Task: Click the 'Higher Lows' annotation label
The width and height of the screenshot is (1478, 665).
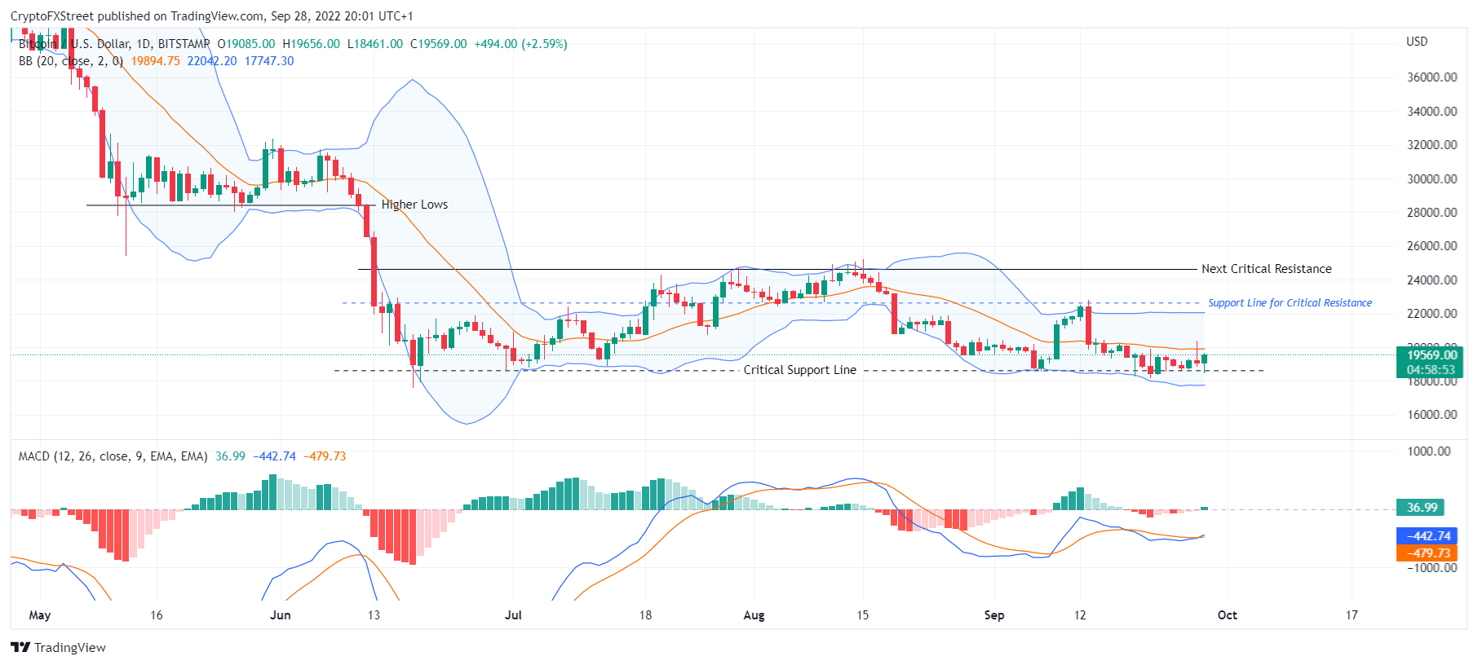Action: pos(414,205)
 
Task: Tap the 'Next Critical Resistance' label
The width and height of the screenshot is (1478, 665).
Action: pos(1266,269)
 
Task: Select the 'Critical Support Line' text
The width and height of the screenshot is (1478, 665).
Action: pos(799,370)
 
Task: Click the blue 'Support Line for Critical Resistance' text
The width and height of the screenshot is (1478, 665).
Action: pos(1290,303)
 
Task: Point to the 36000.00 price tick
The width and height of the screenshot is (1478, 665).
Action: pos(1432,77)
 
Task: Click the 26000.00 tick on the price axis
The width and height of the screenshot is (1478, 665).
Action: pos(1432,246)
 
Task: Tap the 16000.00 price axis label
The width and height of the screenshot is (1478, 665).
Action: pos(1432,415)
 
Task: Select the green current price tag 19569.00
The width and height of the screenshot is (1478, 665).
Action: pos(1432,355)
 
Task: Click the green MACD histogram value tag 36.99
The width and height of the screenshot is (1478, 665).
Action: pos(1421,508)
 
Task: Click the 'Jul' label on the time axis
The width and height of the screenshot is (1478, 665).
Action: pos(513,615)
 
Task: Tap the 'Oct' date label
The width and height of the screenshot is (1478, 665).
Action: pos(1227,615)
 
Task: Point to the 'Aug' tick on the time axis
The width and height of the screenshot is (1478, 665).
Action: pos(754,615)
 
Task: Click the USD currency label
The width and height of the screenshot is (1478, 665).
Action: pos(1417,42)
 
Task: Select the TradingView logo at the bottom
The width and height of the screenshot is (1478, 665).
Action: pos(59,648)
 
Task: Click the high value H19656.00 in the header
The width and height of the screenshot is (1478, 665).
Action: pos(311,44)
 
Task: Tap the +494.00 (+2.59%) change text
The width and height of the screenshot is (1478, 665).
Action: pos(520,44)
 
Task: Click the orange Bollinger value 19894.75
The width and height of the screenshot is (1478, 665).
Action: pos(155,61)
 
